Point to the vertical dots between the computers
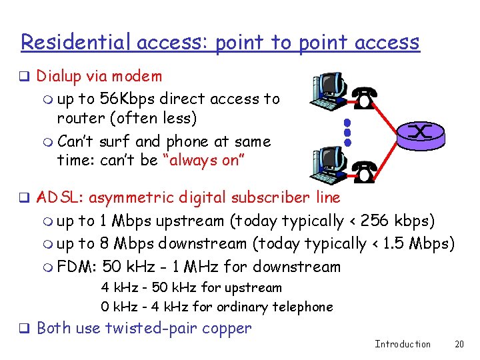click(347, 133)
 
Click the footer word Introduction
click(403, 344)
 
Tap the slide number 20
click(459, 344)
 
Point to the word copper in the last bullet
click(229, 328)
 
